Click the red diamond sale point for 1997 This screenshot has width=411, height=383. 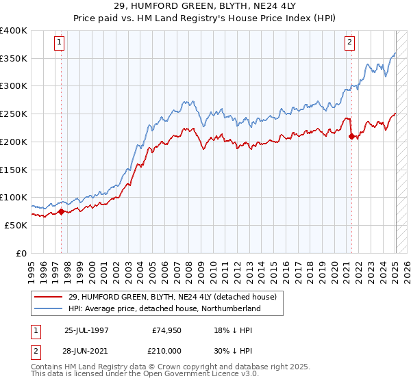pyautogui.click(x=61, y=211)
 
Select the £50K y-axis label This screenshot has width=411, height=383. pyautogui.click(x=16, y=225)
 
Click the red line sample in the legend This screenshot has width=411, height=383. pyautogui.click(x=47, y=297)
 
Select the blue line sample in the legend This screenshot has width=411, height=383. pyautogui.click(x=47, y=308)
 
